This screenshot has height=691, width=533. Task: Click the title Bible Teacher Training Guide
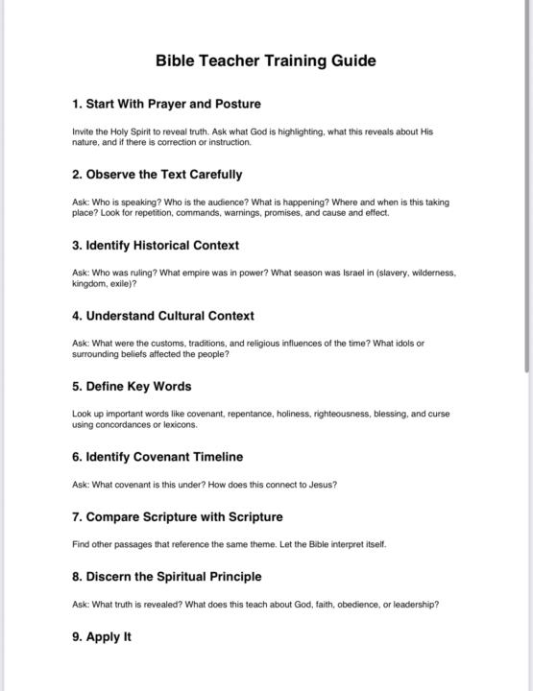[266, 61]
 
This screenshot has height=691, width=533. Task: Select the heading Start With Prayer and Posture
[166, 104]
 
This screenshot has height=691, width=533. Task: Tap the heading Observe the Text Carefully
[157, 175]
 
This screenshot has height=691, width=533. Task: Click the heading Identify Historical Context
[156, 246]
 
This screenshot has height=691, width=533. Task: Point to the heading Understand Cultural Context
[162, 316]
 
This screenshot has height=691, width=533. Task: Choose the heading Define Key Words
[132, 387]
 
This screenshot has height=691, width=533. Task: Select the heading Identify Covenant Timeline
[157, 457]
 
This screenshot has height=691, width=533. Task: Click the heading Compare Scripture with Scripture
[177, 517]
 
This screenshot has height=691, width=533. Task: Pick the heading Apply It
[102, 637]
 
